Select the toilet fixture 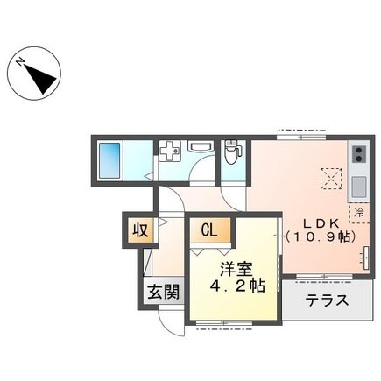click(x=231, y=154)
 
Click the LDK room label click(x=320, y=222)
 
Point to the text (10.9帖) click(x=319, y=237)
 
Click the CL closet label click(x=211, y=230)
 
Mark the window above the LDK click(x=297, y=133)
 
